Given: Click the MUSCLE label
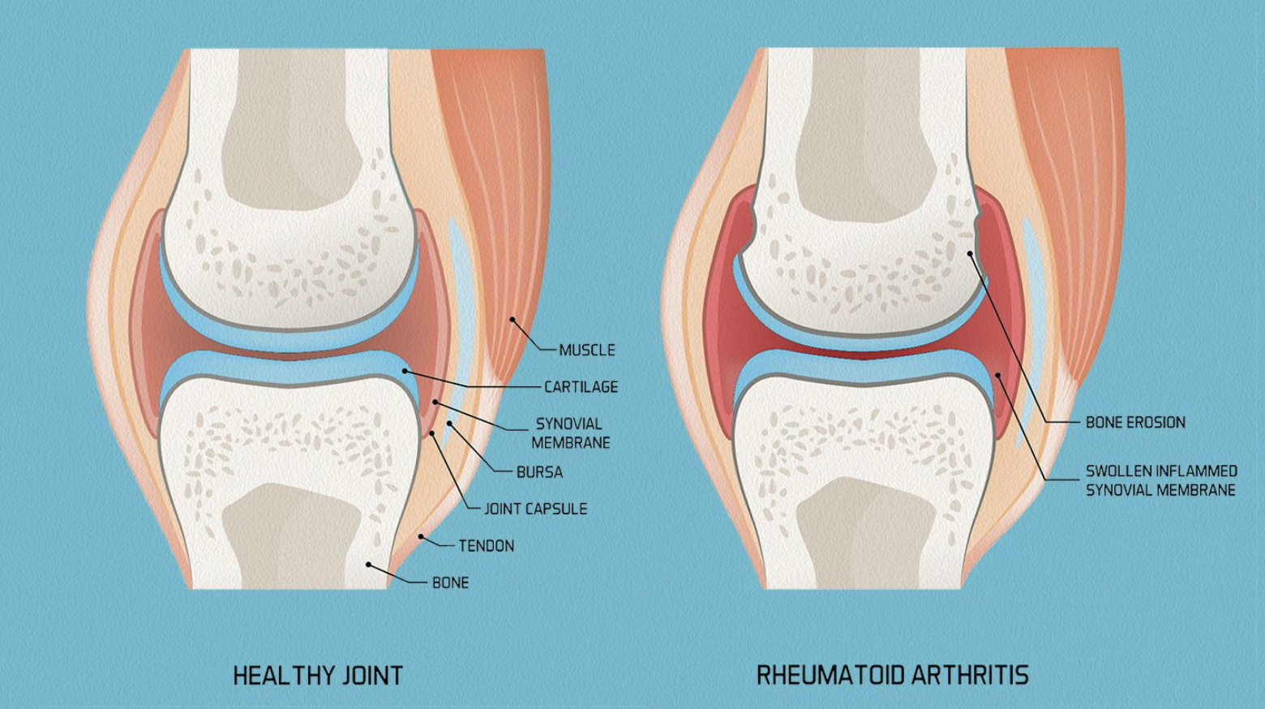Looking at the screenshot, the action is pos(587,350).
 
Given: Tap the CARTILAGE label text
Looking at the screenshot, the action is pos(581,387).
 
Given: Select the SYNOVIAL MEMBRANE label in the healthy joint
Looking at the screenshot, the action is pos(570,433).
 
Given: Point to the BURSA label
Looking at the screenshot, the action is pos(539,472).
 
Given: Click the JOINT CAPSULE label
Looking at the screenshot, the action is pos(535,509).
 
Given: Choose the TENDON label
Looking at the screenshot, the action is pos(487,546).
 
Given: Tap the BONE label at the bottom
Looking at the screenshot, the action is pos(450,582).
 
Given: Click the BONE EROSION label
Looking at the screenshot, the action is pos(1135,423).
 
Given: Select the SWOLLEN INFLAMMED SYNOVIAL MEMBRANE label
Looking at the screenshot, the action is pos(1161,480).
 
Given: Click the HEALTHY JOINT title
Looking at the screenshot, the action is pos(318,676).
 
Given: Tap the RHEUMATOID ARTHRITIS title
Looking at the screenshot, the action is pos(892,675).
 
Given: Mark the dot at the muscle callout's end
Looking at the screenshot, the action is pos(512,320).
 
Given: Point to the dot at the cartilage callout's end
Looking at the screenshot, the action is pos(405,371).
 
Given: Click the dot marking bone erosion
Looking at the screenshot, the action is pos(970,254).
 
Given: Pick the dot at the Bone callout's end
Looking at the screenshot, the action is pos(369,565).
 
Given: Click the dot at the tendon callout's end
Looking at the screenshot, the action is pos(421,536).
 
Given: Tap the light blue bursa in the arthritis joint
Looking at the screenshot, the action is pos(1033,260).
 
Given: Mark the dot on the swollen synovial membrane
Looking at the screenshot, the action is pos(999,374).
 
